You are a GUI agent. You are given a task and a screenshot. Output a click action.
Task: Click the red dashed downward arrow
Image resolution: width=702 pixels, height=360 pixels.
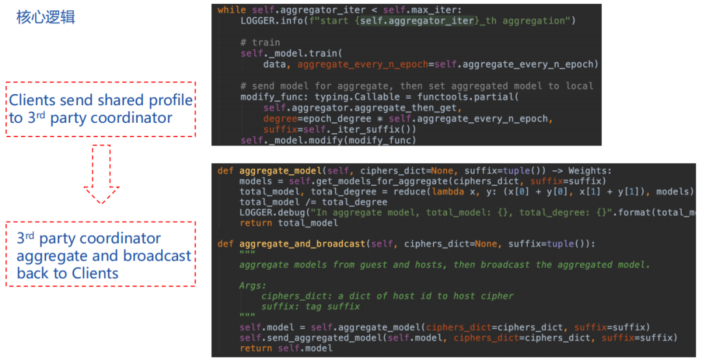click(101, 175)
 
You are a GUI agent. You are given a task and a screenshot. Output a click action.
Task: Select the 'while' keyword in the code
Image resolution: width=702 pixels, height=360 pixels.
click(231, 10)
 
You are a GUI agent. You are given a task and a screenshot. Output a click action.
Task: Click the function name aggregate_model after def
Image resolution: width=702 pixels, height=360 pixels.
click(282, 170)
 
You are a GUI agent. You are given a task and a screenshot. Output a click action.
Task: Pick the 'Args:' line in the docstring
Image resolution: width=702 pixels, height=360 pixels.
click(252, 285)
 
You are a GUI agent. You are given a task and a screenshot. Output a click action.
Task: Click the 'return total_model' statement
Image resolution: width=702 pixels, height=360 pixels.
click(289, 223)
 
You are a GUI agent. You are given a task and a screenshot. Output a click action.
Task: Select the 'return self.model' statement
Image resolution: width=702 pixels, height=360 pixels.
click(285, 348)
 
